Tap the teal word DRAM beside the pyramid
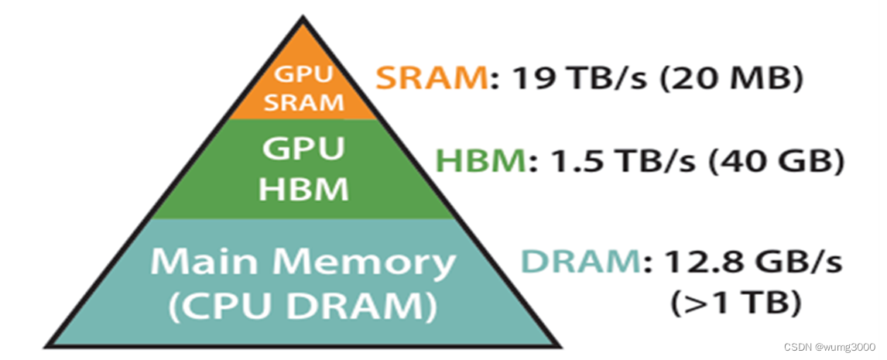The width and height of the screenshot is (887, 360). coord(580,262)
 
